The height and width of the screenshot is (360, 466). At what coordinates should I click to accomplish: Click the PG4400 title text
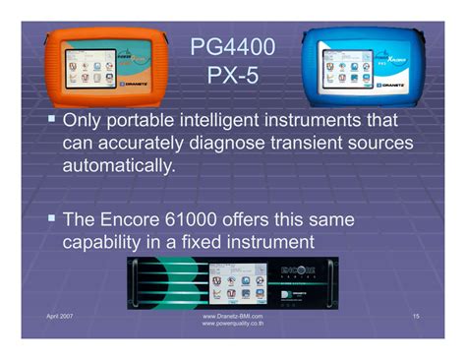coord(232,46)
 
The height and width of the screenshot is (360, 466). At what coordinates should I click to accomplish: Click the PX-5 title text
coord(232,75)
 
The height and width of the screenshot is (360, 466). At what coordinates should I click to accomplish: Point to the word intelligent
coord(221,121)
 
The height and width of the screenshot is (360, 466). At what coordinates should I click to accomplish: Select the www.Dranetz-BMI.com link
coord(232,315)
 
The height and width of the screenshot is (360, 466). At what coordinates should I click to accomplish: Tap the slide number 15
coord(416,315)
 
